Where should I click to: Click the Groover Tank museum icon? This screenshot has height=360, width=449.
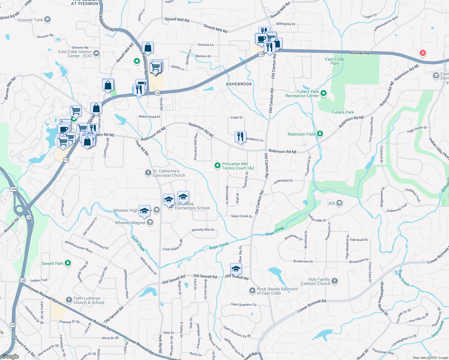click(x=47, y=20)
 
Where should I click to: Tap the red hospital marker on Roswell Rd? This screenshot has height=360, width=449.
click(x=423, y=53)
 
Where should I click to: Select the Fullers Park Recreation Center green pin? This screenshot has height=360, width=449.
click(x=324, y=93)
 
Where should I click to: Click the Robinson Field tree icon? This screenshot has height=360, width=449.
click(x=320, y=134)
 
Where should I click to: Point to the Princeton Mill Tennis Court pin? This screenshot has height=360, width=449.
click(x=218, y=166)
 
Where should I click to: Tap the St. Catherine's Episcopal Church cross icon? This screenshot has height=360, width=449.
click(x=148, y=173)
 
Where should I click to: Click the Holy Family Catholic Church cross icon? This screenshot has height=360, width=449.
click(x=335, y=281)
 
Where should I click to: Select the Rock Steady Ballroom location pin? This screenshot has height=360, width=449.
click(x=252, y=291)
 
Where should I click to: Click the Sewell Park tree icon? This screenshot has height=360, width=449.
click(x=68, y=263)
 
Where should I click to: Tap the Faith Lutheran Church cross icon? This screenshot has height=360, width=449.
click(x=69, y=300)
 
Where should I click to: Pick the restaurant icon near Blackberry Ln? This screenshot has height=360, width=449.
click(x=240, y=137)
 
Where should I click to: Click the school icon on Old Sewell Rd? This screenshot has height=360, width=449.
click(x=236, y=269)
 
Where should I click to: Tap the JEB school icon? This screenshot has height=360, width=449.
click(x=339, y=203)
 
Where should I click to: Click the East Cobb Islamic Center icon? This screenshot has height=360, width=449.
click(x=96, y=53)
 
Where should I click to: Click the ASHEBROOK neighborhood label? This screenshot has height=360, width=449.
click(x=239, y=84)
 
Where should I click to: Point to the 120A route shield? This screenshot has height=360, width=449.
click(x=14, y=189)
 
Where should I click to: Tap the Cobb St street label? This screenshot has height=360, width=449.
click(x=237, y=118)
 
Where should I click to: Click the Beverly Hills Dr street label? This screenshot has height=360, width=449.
click(x=203, y=230)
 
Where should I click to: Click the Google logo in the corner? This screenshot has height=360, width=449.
click(x=10, y=356)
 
